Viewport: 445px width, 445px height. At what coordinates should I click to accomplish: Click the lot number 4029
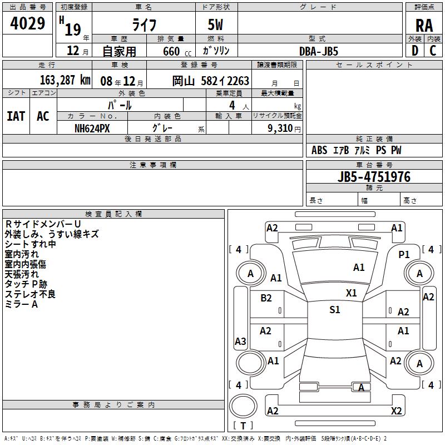27,23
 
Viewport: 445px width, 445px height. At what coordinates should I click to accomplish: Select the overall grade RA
424,26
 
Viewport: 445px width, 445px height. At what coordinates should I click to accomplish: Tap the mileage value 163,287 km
65,80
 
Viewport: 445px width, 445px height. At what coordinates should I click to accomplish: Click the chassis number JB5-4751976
374,177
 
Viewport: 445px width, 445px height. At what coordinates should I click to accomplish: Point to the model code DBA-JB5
319,51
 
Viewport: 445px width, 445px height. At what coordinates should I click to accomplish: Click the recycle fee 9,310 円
284,128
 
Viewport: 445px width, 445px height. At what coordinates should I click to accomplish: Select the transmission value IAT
16,116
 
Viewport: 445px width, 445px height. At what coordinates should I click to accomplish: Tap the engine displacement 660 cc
177,51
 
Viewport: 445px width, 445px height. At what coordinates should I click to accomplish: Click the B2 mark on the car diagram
266,298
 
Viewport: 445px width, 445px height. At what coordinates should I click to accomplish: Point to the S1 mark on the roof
335,309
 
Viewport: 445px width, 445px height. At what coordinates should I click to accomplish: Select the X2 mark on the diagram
396,411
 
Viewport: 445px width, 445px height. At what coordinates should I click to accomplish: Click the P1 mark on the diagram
404,254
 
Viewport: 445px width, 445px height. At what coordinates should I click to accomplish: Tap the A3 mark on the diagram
240,341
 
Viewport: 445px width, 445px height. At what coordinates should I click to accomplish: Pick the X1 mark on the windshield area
351,293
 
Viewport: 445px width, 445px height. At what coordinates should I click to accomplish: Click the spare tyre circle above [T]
243,406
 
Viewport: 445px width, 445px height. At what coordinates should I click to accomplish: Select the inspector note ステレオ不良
30,294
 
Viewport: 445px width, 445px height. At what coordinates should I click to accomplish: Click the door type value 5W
215,24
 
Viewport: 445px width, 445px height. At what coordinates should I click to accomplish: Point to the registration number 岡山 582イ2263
211,81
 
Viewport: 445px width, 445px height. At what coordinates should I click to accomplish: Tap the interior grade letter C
433,51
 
